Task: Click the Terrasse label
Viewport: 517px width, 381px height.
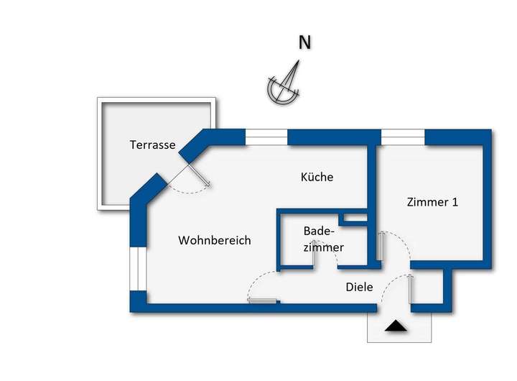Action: (152, 144)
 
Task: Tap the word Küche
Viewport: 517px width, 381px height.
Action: (317, 177)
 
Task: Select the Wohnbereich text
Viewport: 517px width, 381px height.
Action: (215, 240)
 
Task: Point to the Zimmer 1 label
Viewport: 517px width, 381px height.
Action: (432, 202)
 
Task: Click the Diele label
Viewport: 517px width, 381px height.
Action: (359, 287)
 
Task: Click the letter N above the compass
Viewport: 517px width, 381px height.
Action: (304, 43)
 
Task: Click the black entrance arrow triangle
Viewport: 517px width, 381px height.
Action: (396, 327)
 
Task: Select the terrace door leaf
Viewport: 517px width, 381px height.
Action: (199, 175)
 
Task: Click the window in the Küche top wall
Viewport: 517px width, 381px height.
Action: (266, 137)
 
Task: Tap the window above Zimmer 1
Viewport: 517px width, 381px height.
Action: (402, 137)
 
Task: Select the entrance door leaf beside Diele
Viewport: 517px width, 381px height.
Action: (411, 290)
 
